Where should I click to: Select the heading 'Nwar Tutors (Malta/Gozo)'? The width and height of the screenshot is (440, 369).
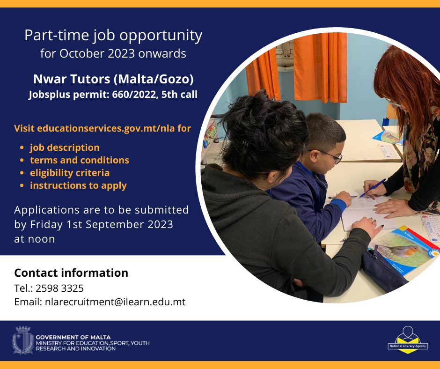click(x=113, y=79)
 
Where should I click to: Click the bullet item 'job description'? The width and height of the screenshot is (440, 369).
click(x=65, y=148)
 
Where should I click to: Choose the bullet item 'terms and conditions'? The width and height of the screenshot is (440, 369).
click(x=80, y=160)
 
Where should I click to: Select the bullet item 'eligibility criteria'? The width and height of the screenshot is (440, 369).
click(x=70, y=173)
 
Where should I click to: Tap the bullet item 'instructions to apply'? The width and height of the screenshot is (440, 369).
click(x=78, y=185)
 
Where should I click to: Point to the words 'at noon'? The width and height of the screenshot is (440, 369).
click(x=35, y=239)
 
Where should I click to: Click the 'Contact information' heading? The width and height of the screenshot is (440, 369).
click(x=71, y=273)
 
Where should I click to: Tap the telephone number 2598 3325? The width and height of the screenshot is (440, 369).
click(x=59, y=288)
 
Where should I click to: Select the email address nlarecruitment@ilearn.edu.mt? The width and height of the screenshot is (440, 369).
click(x=115, y=302)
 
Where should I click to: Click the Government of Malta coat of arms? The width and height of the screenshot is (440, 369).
click(x=23, y=340)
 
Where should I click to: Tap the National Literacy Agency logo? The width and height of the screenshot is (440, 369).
click(x=407, y=339)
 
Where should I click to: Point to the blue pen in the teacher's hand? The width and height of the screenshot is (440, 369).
click(x=373, y=188)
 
